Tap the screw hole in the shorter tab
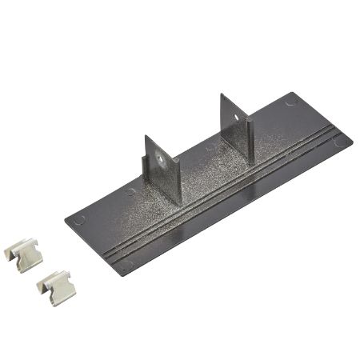pyautogui.click(x=164, y=159)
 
